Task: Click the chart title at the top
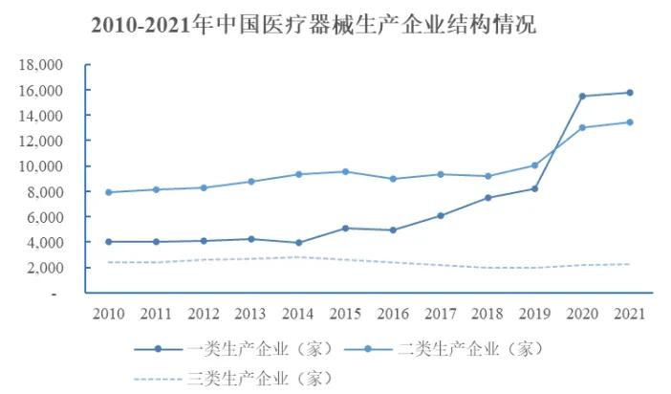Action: point(314,26)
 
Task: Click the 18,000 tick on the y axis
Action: point(40,65)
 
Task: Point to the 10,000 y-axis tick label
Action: point(40,166)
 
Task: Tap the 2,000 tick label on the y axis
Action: point(43,268)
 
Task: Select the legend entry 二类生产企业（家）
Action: point(475,348)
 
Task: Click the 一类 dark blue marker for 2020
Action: point(581,96)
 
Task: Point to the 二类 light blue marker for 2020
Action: point(581,127)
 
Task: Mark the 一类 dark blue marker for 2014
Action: point(298,243)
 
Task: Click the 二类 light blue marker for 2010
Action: point(109,192)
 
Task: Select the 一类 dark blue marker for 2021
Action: point(628,93)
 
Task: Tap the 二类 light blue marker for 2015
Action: point(345,172)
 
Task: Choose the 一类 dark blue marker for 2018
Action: point(487,198)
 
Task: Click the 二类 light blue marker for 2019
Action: point(534,165)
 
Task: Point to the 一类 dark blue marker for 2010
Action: point(109,242)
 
